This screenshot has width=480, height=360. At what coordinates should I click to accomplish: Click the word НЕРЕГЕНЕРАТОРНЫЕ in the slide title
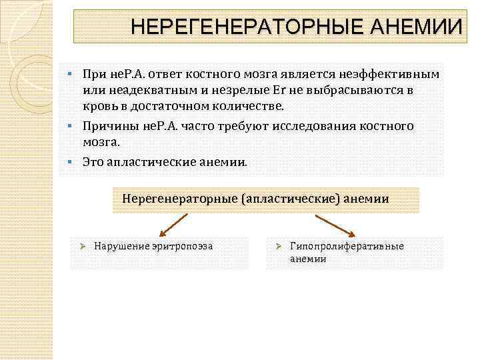(x=239, y=27)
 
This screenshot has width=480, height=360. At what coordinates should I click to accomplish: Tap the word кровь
(x=98, y=107)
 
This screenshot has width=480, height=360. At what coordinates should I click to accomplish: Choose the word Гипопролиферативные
(x=347, y=246)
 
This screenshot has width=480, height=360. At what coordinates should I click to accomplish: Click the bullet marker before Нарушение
(x=84, y=246)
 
